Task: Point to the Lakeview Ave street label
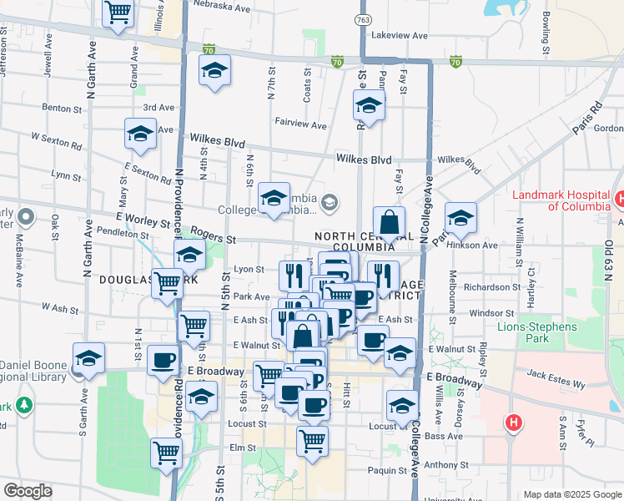[400, 36]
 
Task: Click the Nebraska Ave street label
[221, 7]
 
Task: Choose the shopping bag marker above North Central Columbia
[389, 223]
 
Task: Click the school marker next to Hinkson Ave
[460, 219]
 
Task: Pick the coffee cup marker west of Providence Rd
[163, 361]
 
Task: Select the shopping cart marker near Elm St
[167, 453]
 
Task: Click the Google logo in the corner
[28, 491]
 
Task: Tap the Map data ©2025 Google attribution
[572, 494]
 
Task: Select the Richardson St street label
[491, 287]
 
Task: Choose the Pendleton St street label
[122, 235]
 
